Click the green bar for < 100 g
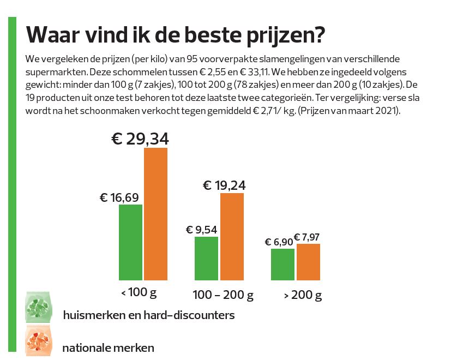pyautogui.click(x=130, y=242)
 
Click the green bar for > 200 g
pyautogui.click(x=282, y=265)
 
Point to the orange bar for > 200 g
pyautogui.click(x=308, y=262)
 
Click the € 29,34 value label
pyautogui.click(x=140, y=139)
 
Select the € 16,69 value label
pyautogui.click(x=119, y=197)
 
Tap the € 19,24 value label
pyautogui.click(x=224, y=185)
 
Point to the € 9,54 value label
pyautogui.click(x=202, y=230)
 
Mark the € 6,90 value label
pyautogui.click(x=279, y=242)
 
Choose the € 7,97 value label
pyautogui.click(x=306, y=237)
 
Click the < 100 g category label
pyautogui.click(x=139, y=293)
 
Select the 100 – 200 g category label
pyautogui.click(x=223, y=296)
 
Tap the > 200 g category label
pyautogui.click(x=303, y=296)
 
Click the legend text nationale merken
pyautogui.click(x=108, y=347)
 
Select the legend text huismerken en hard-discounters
pyautogui.click(x=148, y=315)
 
